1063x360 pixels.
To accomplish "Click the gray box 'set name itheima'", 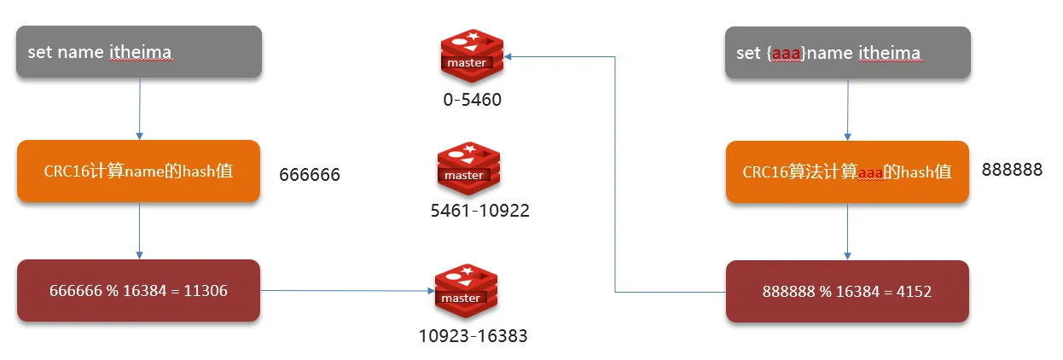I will (138, 52).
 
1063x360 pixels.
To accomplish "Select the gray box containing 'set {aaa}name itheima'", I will (847, 53).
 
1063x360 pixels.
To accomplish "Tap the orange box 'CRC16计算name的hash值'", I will (138, 171).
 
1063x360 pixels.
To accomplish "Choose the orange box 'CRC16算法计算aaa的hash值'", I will (847, 171).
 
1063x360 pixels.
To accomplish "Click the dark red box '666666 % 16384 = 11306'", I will (138, 291).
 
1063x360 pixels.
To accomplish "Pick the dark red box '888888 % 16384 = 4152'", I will (847, 291).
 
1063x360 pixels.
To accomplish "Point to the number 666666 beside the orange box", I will (310, 175).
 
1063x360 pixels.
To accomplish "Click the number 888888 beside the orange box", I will (1012, 170).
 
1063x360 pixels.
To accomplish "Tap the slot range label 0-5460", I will (472, 100).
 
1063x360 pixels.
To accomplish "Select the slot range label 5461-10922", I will (479, 210).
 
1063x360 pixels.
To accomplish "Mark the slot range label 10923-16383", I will (473, 335).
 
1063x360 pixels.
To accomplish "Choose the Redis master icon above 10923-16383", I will (466, 289).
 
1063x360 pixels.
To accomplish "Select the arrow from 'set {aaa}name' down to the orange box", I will (847, 109).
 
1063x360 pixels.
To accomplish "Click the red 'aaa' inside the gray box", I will (786, 53).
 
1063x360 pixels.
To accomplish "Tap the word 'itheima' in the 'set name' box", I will (141, 52).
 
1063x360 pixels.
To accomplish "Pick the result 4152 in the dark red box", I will (913, 291).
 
